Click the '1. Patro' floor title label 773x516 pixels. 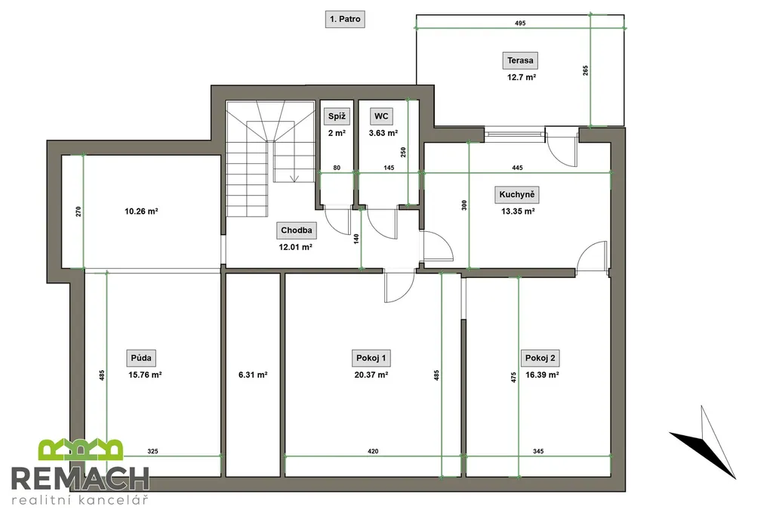pos(345,19)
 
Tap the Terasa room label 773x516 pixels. pos(520,60)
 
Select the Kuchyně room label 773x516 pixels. pos(516,194)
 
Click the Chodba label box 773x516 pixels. pos(296,230)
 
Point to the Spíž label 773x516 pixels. pos(337,116)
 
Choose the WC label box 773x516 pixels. pos(381,116)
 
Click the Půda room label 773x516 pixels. pos(141,358)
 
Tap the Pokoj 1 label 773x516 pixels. pos(371,358)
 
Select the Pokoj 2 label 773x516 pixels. pos(540,358)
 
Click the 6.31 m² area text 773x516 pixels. pos(253,375)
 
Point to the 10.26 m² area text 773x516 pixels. pos(141,212)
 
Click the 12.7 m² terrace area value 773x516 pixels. pos(522,78)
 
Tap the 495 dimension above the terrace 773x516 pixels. pos(520,23)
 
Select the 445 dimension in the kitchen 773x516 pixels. pos(517,168)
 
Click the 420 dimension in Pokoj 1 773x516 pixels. pos(373,451)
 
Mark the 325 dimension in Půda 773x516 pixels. pos(152,451)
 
